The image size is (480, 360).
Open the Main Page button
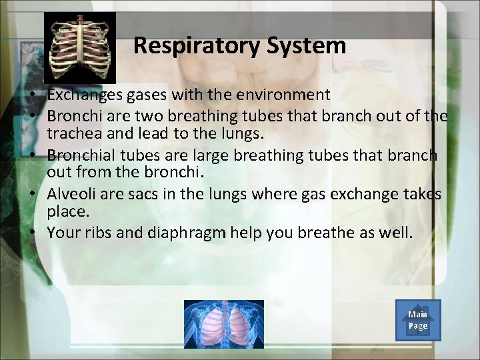click(418, 320)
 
